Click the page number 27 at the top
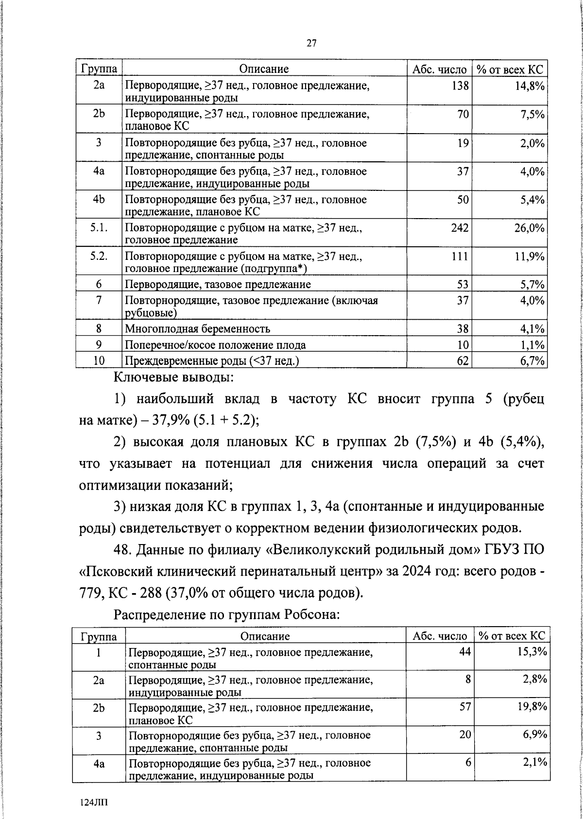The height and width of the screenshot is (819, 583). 311,44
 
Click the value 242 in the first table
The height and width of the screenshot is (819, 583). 459,228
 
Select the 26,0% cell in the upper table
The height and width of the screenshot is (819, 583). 529,228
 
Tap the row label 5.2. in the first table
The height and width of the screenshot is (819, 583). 99,256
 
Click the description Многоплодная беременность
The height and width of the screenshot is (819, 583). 198,329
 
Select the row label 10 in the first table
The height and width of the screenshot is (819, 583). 99,360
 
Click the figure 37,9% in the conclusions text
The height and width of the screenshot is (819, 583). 171,421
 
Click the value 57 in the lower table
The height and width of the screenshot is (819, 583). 464,707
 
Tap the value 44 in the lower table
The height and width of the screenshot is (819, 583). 464,651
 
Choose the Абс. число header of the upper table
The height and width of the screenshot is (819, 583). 439,69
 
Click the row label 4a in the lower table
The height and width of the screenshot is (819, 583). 99,764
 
